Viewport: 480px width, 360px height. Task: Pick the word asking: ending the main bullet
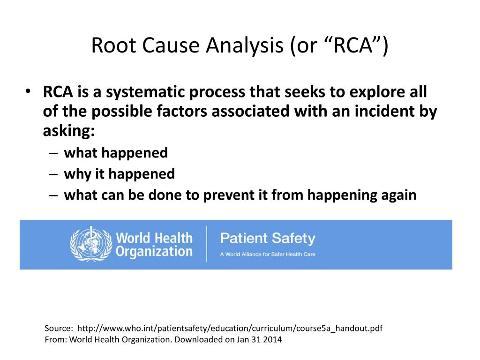coord(69,131)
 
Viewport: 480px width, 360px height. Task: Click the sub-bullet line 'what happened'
coord(116,153)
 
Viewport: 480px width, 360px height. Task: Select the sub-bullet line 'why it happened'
coord(119,174)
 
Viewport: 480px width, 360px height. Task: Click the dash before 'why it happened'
coord(53,174)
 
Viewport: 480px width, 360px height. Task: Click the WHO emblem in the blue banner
coord(91,244)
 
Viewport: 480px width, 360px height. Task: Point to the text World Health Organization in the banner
coord(154,244)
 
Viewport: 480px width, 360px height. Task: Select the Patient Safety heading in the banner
coord(268,238)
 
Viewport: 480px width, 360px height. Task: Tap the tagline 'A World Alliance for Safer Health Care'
coord(268,254)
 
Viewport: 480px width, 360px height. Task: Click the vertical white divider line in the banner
coord(207,244)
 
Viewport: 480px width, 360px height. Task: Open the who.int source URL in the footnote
coord(230,329)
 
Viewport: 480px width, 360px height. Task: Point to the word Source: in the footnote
coord(59,329)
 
